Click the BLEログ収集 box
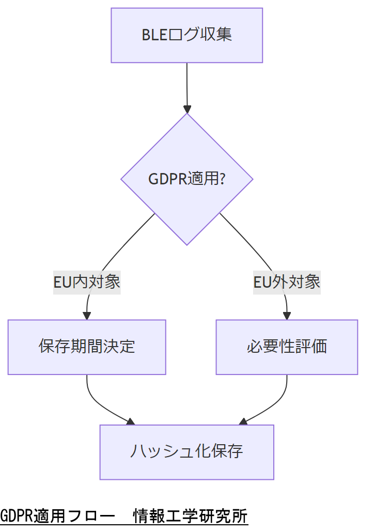pos(186,35)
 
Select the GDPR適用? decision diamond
pos(186,179)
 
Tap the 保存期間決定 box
pos(87,347)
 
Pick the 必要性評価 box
pos(287,347)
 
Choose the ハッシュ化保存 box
pos(186,452)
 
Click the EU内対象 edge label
pos(87,282)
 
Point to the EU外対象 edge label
pos(287,282)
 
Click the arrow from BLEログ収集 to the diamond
pos(186,85)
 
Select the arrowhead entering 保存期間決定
pos(87,316)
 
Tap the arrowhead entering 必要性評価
pos(287,316)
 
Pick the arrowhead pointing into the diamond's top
pos(186,109)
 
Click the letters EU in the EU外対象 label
pos(262,282)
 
